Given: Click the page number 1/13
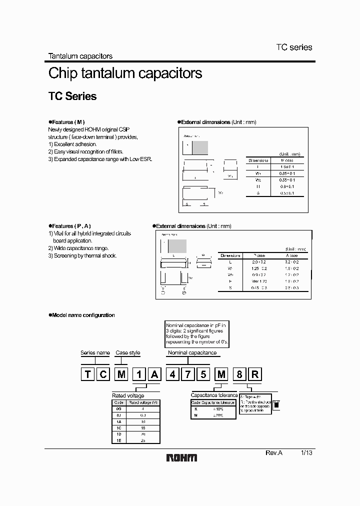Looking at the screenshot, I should [306, 452].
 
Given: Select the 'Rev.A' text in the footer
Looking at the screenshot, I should [273, 452].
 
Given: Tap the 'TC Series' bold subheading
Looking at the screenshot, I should [72, 96].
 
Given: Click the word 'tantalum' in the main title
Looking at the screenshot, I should [109, 73].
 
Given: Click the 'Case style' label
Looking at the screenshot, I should [128, 352].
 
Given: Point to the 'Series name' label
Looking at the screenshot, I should [95, 352].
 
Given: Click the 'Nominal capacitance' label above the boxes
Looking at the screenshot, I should [192, 352].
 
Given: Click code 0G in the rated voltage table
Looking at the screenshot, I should [118, 408].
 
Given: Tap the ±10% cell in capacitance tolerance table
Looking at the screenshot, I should [218, 408].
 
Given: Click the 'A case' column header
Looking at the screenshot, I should [291, 254].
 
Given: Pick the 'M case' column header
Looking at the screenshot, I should [286, 160].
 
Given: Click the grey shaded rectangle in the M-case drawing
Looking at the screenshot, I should [199, 147].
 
